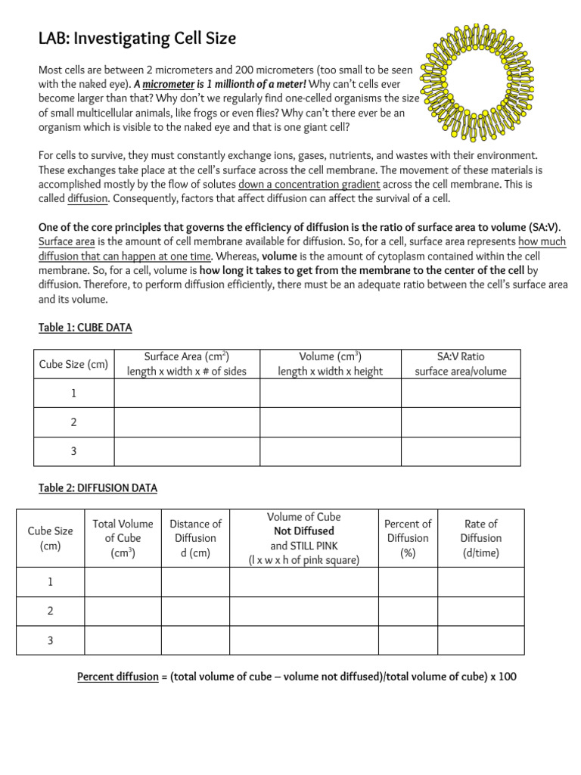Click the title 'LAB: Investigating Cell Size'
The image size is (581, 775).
click(137, 38)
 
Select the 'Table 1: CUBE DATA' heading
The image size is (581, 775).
click(85, 327)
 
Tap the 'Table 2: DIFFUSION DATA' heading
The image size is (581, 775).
click(98, 488)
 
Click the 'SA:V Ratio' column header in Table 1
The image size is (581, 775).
click(461, 363)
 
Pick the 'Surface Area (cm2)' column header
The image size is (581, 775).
click(186, 363)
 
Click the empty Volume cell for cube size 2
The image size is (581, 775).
click(331, 422)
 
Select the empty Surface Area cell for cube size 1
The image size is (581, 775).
click(186, 394)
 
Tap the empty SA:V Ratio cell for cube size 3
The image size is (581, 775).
click(461, 451)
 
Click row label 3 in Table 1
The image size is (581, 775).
click(73, 451)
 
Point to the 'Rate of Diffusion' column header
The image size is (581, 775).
click(480, 538)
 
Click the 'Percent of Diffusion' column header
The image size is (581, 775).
click(408, 538)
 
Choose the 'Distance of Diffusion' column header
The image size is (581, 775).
click(195, 538)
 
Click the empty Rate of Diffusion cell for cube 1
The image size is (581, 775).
click(480, 582)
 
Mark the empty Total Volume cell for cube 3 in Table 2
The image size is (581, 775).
click(123, 640)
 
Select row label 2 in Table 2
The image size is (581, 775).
click(50, 611)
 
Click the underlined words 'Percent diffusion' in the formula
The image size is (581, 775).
click(117, 677)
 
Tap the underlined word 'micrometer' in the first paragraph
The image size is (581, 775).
click(169, 84)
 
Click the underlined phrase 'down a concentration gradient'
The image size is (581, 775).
click(309, 185)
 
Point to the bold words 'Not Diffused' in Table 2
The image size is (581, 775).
click(303, 531)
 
